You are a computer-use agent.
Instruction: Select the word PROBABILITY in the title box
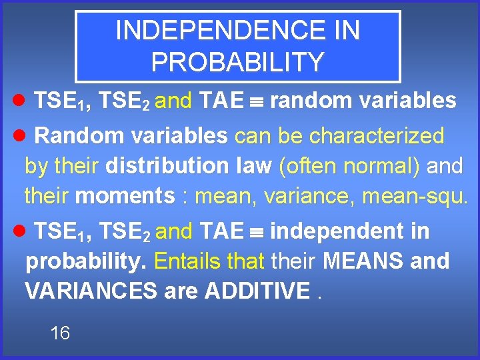(x=237, y=62)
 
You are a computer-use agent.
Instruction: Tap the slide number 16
(x=60, y=333)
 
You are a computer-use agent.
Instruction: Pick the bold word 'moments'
(x=125, y=196)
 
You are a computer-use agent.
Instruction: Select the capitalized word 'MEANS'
(x=363, y=261)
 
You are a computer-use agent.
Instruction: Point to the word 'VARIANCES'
(x=91, y=291)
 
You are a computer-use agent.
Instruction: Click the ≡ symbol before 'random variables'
(x=257, y=101)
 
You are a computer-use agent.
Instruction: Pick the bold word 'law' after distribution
(x=253, y=166)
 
